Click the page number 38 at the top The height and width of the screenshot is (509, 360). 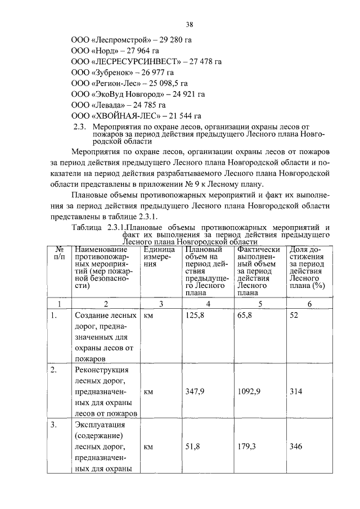pos(190,25)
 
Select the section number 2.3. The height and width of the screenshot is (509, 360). pos(80,127)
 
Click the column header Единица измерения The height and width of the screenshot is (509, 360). pos(158,256)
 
